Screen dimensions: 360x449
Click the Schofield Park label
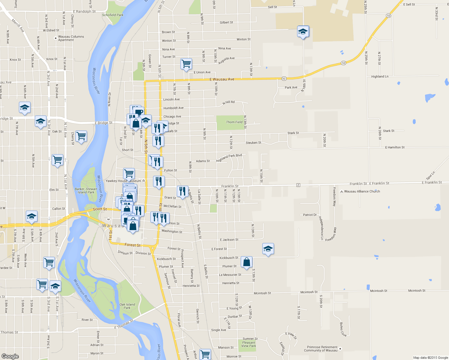coord(113,15)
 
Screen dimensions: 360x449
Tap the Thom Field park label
coord(234,122)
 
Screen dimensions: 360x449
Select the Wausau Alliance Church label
coord(362,191)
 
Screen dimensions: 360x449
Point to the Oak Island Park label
coord(127,306)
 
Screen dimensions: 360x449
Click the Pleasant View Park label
coord(249,344)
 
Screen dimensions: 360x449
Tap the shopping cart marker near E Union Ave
coord(186,64)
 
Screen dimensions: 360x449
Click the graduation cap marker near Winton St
coord(303,31)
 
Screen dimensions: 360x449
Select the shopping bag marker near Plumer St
coord(246,262)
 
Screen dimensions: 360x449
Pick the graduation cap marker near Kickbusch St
coord(268,249)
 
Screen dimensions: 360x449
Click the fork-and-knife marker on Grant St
coord(182,191)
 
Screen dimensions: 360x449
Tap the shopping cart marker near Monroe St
coord(205,354)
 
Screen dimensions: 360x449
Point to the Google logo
coord(10,356)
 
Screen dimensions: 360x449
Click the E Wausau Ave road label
coord(222,79)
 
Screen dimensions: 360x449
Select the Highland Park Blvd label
coord(229,158)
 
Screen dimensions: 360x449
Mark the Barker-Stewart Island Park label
coord(86,191)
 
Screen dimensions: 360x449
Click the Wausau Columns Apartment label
coord(71,38)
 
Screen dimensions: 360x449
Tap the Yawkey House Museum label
coord(123,181)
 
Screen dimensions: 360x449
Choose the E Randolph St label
coord(84,12)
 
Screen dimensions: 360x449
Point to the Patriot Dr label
coord(310,215)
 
